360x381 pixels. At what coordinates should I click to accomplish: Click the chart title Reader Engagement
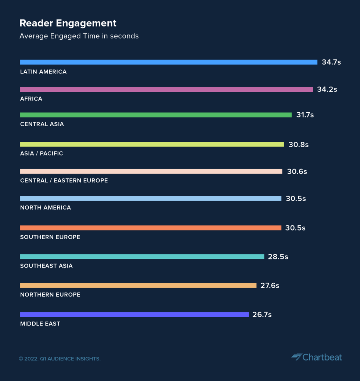click(x=68, y=23)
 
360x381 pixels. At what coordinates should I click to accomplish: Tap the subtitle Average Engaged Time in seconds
click(x=79, y=36)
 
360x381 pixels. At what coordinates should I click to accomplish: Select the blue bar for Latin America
click(x=169, y=62)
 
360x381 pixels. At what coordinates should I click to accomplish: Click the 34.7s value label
click(x=331, y=62)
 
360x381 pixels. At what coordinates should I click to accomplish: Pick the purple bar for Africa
click(x=166, y=90)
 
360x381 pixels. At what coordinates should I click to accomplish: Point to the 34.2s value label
click(x=327, y=89)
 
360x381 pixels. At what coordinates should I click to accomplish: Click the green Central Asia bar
click(x=156, y=115)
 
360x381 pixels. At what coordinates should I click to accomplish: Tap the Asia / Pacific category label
click(x=42, y=153)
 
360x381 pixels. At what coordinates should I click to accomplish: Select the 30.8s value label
click(x=298, y=145)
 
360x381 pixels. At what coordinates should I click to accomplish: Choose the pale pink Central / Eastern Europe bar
click(x=151, y=171)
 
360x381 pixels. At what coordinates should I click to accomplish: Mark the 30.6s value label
click(x=297, y=171)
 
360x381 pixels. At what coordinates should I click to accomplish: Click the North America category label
click(x=46, y=207)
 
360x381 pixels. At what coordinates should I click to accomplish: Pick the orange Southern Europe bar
click(x=151, y=228)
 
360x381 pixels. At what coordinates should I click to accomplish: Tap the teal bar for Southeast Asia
click(x=142, y=257)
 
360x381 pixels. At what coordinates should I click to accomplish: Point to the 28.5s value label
click(x=278, y=257)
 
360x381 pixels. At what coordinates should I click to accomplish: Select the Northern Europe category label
click(x=50, y=294)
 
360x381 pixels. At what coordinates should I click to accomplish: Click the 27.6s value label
click(x=270, y=285)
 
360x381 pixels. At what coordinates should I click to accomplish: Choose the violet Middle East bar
click(x=134, y=315)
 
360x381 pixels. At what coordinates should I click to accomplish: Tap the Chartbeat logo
click(x=317, y=357)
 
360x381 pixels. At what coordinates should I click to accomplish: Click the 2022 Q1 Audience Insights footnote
click(x=60, y=359)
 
